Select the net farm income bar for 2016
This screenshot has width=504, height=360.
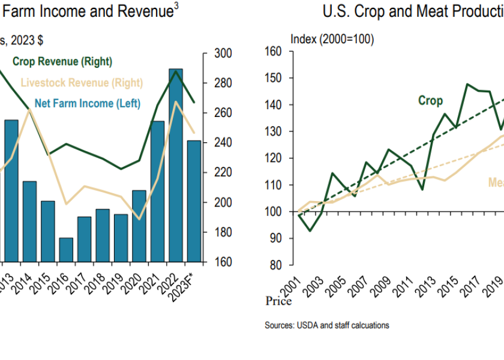66,250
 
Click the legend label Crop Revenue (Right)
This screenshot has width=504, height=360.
62,61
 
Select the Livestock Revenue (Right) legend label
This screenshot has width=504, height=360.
82,83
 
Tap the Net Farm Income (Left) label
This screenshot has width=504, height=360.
88,103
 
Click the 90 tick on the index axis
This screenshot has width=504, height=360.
276,238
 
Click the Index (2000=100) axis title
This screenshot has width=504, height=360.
332,39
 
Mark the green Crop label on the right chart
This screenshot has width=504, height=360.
430,101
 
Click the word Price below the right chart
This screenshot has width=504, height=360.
278,301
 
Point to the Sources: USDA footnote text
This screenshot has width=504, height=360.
327,325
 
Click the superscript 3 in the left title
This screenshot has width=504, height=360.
176,8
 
